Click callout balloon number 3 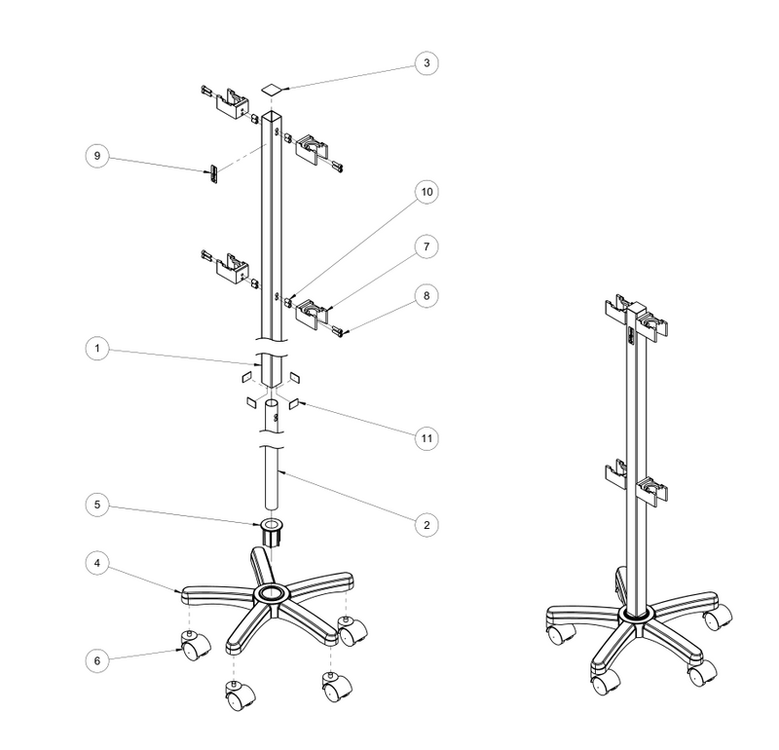click(427, 63)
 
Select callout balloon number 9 click(96, 156)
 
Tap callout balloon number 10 click(427, 192)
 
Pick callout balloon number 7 click(427, 246)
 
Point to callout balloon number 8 click(427, 296)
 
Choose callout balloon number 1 click(96, 349)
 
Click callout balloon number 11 click(427, 438)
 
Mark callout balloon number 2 click(427, 525)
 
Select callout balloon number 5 click(96, 505)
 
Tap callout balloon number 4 click(96, 563)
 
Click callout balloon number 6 click(96, 660)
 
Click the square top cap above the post click(272, 90)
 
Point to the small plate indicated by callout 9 click(213, 174)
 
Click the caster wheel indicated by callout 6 click(196, 645)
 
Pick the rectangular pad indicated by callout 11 click(293, 403)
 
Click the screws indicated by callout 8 click(338, 331)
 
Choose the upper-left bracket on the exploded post click(232, 103)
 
